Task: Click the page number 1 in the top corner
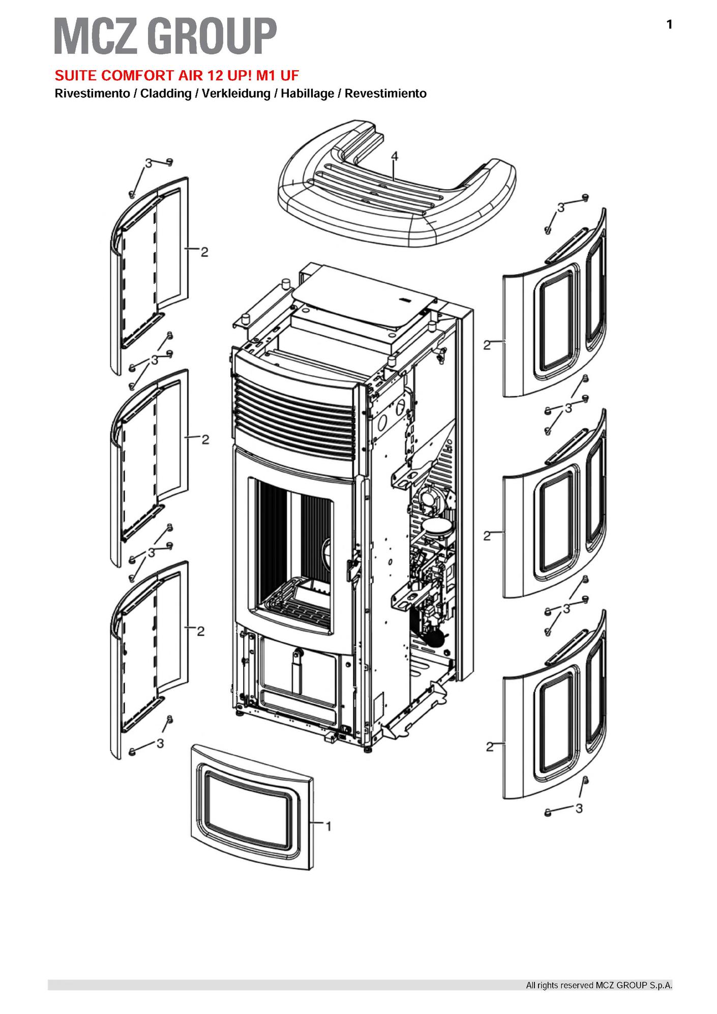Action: [x=669, y=24]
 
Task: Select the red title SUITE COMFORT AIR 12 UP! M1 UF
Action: [x=176, y=76]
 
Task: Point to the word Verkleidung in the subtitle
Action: [x=236, y=94]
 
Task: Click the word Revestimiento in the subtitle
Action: [x=385, y=94]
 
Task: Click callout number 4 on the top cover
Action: [x=395, y=157]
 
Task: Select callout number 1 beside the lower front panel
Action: [x=328, y=827]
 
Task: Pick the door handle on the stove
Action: [x=351, y=569]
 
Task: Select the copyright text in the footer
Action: [x=599, y=986]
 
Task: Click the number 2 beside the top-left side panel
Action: [x=204, y=252]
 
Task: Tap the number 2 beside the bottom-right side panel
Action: [x=490, y=747]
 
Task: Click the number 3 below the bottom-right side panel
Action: [x=579, y=808]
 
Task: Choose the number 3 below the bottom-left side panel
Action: [x=160, y=743]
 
